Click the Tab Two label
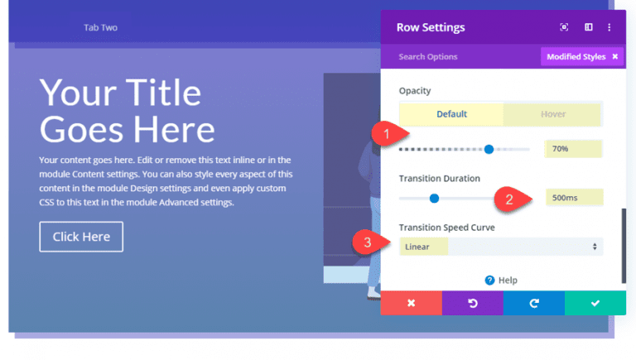point(100,27)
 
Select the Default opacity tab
point(451,114)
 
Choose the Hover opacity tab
point(553,114)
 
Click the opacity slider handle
point(489,149)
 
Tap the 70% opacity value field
point(573,149)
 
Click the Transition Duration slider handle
point(434,199)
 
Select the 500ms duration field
point(575,198)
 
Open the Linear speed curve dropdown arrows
point(595,247)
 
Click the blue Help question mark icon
point(489,280)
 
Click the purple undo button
point(473,303)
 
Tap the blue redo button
point(534,303)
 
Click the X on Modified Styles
point(615,57)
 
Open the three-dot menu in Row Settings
point(609,27)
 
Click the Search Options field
point(428,57)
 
